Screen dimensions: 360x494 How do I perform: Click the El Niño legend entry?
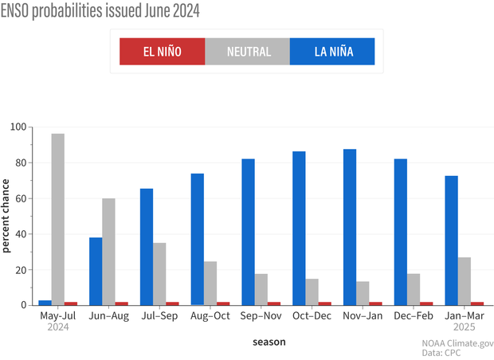point(162,53)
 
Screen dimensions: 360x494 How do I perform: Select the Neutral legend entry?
point(247,53)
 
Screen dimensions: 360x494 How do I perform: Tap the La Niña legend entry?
point(332,53)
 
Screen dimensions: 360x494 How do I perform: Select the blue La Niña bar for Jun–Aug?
point(96,271)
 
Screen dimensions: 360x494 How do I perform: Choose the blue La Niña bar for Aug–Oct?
point(198,239)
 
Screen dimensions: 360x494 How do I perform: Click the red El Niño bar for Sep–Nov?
point(274,303)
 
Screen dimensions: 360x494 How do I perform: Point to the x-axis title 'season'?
point(262,342)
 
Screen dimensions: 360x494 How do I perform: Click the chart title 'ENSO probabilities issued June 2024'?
point(100,11)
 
